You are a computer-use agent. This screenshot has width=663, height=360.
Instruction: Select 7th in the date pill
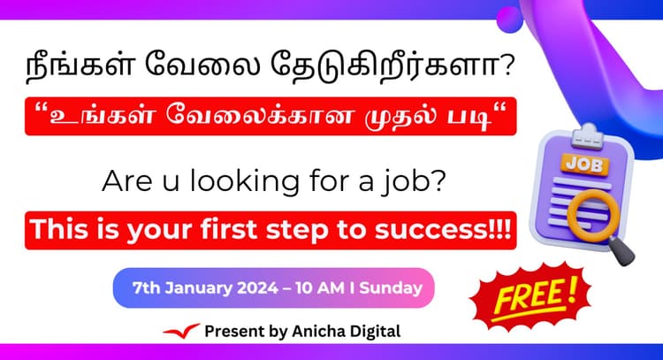(148, 287)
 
